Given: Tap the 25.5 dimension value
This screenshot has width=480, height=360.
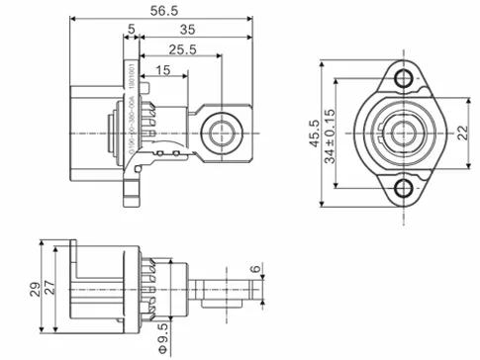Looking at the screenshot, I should (180, 50).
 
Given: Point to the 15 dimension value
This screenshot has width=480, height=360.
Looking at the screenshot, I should (162, 70).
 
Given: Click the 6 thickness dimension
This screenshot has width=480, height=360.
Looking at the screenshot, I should (254, 269).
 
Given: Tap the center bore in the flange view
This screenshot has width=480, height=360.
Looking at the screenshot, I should (402, 133).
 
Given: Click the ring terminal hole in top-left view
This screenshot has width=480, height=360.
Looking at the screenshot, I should (215, 131).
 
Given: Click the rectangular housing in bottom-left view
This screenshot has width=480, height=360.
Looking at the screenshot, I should (99, 288).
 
